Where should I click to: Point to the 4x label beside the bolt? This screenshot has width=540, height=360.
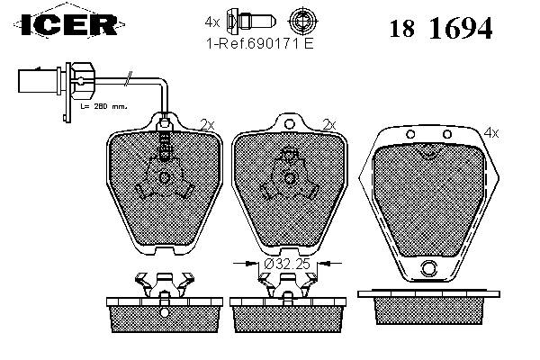coord(212,20)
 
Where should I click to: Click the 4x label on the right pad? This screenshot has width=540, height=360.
coord(490,132)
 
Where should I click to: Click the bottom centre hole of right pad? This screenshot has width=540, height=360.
coord(428,266)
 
